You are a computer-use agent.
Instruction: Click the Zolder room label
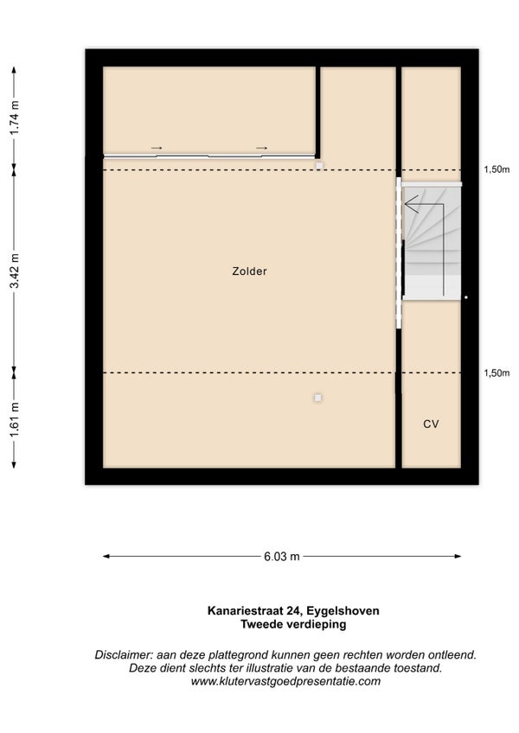click(x=249, y=271)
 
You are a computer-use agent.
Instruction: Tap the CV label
click(x=431, y=424)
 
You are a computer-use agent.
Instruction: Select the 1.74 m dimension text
click(x=15, y=118)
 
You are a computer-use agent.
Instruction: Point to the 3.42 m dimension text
click(x=15, y=271)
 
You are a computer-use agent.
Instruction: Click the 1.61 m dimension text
click(x=15, y=420)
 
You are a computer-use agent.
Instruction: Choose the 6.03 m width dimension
click(x=282, y=557)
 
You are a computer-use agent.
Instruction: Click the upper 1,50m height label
click(x=497, y=169)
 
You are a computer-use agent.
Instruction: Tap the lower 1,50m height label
click(x=497, y=373)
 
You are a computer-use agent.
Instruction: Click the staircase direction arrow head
click(x=410, y=205)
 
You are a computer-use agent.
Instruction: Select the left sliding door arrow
click(x=157, y=148)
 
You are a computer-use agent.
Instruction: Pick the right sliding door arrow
click(x=261, y=148)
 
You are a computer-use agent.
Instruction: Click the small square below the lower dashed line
click(x=318, y=398)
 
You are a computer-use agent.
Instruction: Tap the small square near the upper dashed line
click(x=319, y=165)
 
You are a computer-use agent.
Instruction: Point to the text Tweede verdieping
click(x=293, y=625)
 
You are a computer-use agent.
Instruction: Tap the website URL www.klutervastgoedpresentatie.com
click(x=285, y=682)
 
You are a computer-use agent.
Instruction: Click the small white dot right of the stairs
click(x=466, y=297)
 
